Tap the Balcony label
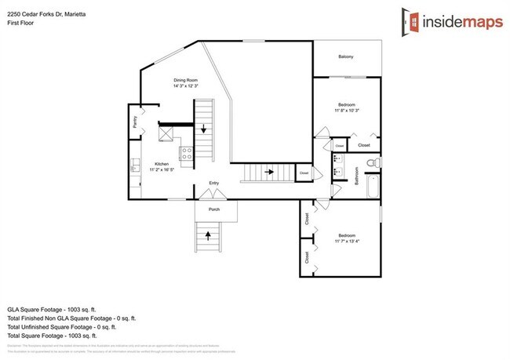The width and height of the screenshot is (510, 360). pos(345,57)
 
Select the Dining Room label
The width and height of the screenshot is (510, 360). pos(185,80)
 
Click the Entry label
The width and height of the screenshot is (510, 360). pos(213,184)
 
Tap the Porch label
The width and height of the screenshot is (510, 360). pos(213,209)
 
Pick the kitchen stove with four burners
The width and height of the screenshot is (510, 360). pos(186,155)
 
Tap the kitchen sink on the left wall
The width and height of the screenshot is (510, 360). pos(134,166)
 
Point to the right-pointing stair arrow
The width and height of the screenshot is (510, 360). pos(268,171)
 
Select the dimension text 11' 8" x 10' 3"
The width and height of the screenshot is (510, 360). pos(346,111)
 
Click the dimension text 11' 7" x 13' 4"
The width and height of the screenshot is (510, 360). pos(347,241)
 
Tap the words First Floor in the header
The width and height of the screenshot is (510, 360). pos(21,23)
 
